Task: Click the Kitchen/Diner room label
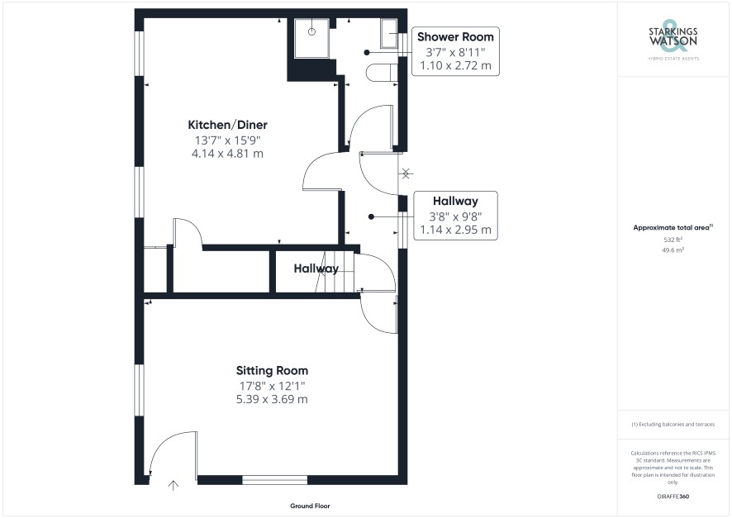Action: pos(227,125)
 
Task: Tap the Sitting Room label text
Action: pos(272,371)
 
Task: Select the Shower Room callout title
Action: pos(455,37)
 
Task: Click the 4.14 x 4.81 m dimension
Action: pos(227,154)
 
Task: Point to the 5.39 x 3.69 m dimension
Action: pos(272,400)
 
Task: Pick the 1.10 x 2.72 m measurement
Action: pos(455,66)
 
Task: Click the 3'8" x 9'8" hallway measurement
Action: pos(455,216)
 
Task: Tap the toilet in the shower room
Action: pos(382,73)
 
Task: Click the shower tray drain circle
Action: pos(311,31)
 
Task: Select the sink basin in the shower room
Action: pos(389,34)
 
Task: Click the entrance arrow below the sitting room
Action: pos(173,485)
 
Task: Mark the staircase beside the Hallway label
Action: pos(335,272)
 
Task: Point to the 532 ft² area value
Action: pos(673,240)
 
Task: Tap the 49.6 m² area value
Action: pos(673,250)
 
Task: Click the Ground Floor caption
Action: pos(310,506)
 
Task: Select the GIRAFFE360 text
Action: pos(673,497)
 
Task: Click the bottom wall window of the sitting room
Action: pos(275,480)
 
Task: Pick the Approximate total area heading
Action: pos(673,228)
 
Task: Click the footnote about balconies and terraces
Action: pos(673,424)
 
